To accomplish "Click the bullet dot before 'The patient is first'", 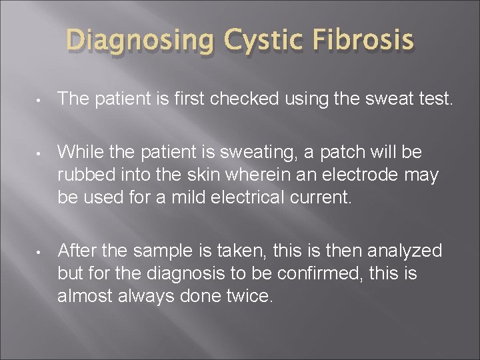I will click(39, 101).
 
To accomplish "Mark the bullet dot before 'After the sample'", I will click(39, 251).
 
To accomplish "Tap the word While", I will click(78, 153).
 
